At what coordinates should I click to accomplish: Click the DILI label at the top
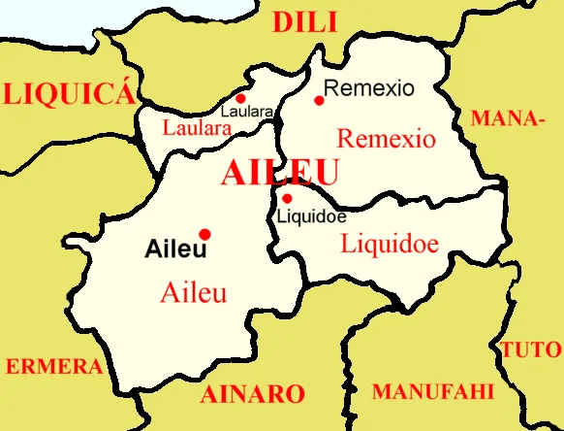[304, 22]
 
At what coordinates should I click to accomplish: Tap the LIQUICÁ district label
[67, 93]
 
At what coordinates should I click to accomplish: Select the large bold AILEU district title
[280, 174]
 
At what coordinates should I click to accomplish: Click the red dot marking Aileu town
[204, 234]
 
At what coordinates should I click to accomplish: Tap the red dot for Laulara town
[240, 98]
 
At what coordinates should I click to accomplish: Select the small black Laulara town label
[246, 112]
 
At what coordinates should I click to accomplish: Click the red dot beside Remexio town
[319, 100]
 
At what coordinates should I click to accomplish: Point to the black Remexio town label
[369, 88]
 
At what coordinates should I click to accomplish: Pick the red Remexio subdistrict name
[386, 138]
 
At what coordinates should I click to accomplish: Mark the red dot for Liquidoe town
[287, 198]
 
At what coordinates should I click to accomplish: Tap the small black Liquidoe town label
[312, 215]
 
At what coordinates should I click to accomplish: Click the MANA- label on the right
[506, 119]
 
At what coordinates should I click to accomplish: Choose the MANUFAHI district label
[432, 391]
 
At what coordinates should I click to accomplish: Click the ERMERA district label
[54, 367]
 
